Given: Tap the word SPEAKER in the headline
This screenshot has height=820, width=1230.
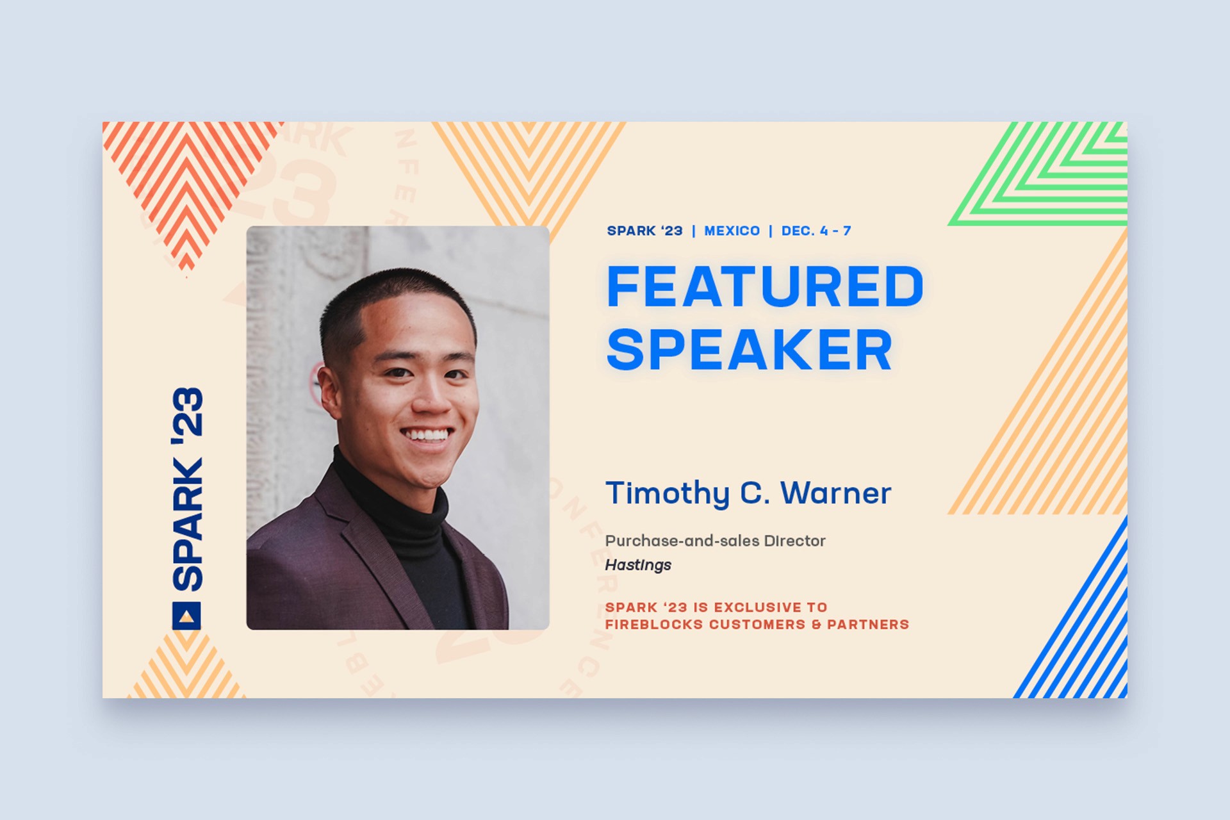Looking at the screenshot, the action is [x=750, y=349].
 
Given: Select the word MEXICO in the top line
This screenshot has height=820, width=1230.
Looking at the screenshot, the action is [x=732, y=231].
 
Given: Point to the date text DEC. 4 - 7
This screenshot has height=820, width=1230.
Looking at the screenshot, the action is [x=816, y=231].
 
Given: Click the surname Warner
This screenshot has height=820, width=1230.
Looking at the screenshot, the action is [x=835, y=493].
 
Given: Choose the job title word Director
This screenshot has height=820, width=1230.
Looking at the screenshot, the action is [x=794, y=541].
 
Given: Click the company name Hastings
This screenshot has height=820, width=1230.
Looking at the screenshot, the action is [x=638, y=565].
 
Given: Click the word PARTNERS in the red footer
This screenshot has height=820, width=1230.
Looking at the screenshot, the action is [x=868, y=625].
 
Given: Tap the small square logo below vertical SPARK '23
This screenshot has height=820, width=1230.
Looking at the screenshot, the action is [x=186, y=616].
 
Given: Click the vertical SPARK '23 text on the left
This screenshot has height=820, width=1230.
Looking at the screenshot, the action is [x=187, y=489].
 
